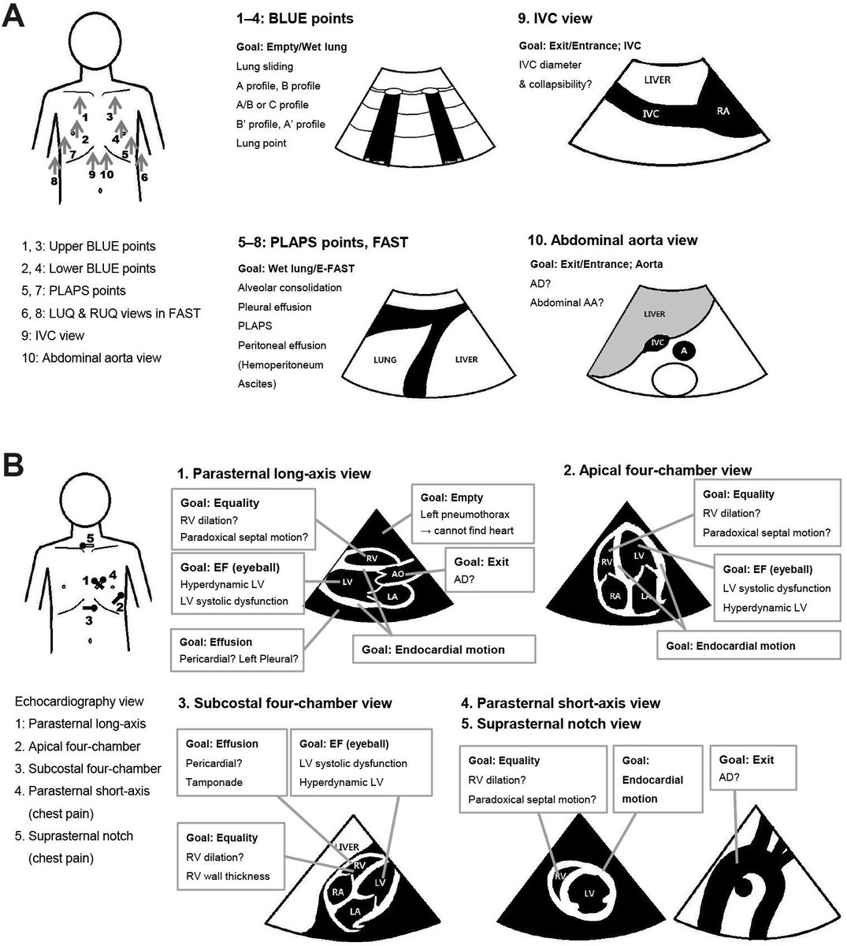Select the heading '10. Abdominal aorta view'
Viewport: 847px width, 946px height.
pyautogui.click(x=613, y=240)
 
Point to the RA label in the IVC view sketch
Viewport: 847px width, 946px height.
pyautogui.click(x=722, y=111)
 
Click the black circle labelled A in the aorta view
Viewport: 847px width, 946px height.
pyautogui.click(x=684, y=350)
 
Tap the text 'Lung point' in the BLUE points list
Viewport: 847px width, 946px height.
pyautogui.click(x=261, y=143)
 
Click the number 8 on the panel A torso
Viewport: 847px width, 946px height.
pyautogui.click(x=54, y=181)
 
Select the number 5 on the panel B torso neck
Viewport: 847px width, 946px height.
pyautogui.click(x=91, y=538)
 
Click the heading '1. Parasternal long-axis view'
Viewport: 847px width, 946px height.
pyautogui.click(x=274, y=473)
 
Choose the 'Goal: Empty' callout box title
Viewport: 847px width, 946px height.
pyautogui.click(x=451, y=497)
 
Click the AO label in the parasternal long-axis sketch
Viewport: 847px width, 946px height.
pyautogui.click(x=398, y=574)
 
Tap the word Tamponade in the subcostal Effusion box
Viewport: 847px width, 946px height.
pyautogui.click(x=214, y=782)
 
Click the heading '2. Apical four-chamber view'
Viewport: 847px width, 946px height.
pyautogui.click(x=657, y=470)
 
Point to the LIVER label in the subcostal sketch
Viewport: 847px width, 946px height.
pyautogui.click(x=347, y=847)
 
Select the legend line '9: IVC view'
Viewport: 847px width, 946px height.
pyautogui.click(x=53, y=335)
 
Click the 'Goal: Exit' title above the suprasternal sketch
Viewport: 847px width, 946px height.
pyautogui.click(x=746, y=759)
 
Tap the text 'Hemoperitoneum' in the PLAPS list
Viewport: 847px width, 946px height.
pyautogui.click(x=280, y=365)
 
